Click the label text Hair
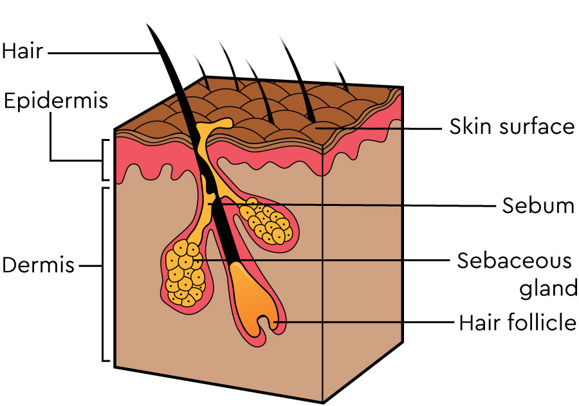tap(23, 50)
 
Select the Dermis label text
tap(39, 264)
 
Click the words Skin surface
tap(511, 127)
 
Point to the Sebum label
tap(538, 205)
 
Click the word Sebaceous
tap(514, 261)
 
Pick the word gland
tap(548, 288)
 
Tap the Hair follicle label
tap(517, 321)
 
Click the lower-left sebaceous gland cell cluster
tap(183, 273)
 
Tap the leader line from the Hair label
tap(103, 51)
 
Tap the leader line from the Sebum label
tap(360, 205)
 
